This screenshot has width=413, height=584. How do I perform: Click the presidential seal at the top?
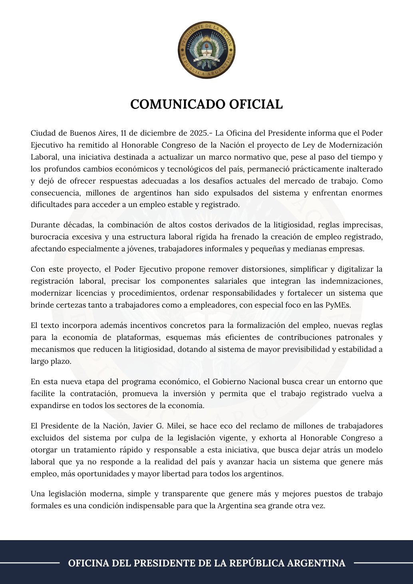[206, 50]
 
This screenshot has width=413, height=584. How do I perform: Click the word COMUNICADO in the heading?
[178, 104]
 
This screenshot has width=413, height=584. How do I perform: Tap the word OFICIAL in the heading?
[256, 104]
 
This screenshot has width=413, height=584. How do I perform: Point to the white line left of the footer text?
[30, 563]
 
